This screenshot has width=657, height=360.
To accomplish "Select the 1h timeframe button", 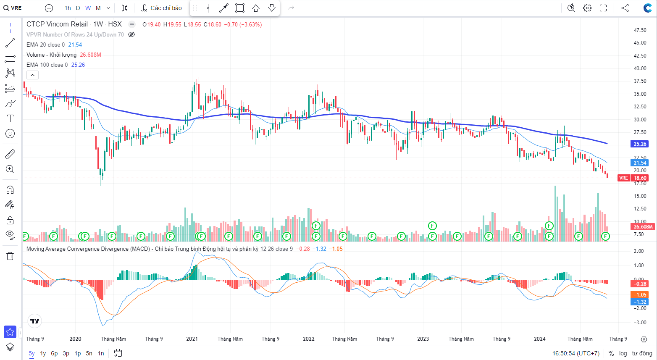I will [x=68, y=8].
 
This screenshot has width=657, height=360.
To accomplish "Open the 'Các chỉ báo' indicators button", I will [x=161, y=8].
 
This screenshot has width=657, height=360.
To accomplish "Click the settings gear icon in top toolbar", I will [x=587, y=8].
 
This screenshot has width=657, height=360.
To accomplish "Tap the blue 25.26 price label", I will [x=640, y=144].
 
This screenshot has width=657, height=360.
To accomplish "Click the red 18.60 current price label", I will [x=640, y=178].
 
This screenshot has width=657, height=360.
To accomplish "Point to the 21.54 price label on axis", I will [x=640, y=163].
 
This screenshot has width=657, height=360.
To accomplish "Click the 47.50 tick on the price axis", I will [x=640, y=30].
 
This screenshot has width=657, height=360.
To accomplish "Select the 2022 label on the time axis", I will [x=309, y=339].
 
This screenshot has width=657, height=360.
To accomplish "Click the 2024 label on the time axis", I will [x=540, y=339].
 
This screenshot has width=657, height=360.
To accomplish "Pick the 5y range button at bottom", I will [x=32, y=353].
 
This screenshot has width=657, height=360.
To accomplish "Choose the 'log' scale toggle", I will [x=623, y=353].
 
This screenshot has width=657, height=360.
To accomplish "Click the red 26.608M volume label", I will [x=643, y=227].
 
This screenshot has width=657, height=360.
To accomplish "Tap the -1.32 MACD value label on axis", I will [x=640, y=302].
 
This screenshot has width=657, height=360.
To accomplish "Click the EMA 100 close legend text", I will [x=47, y=65].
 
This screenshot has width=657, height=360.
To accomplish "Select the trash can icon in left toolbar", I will [x=10, y=256].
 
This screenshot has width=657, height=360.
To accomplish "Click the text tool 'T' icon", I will [x=10, y=118].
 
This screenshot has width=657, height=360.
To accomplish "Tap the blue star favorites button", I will [x=10, y=332].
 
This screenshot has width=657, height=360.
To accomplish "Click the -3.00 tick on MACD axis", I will [x=639, y=323].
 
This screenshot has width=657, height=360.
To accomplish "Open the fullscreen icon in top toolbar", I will [x=603, y=8].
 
